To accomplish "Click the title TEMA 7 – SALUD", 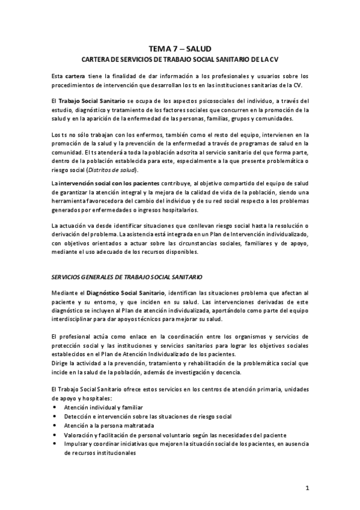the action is point(180,48).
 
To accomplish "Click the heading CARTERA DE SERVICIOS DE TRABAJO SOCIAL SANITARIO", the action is point(180,60).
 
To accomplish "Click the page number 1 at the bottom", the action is point(307,489).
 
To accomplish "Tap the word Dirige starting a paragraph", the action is point(61,363).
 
